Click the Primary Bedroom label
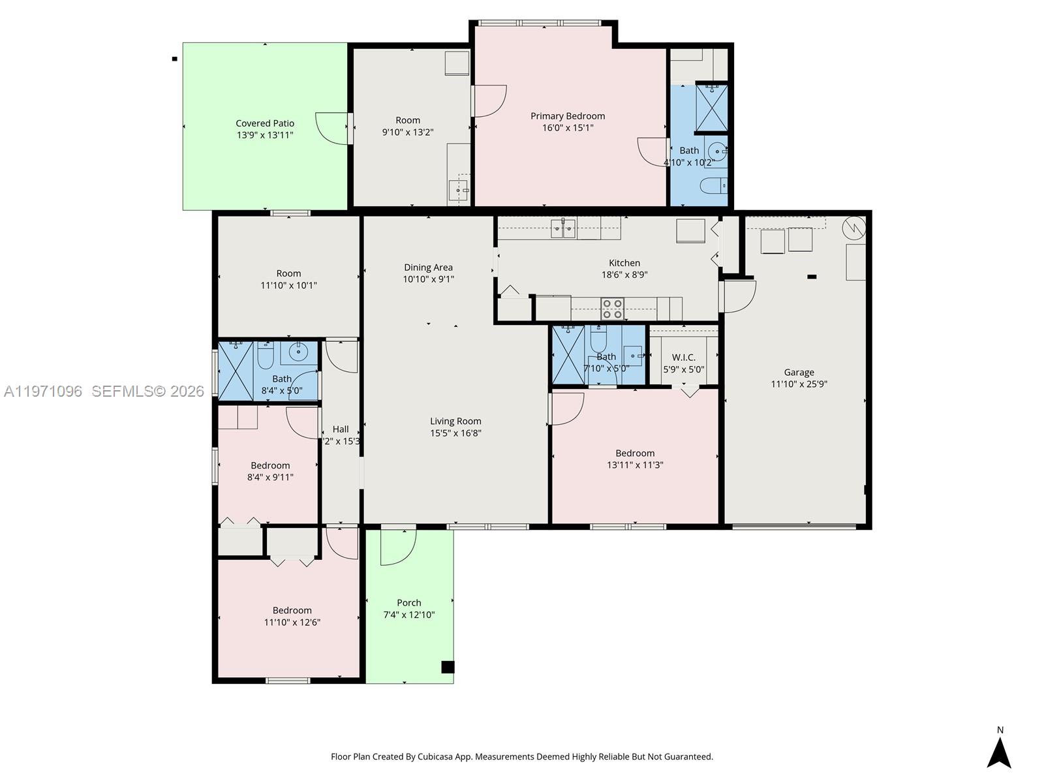567,116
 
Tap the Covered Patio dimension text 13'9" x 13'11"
265,135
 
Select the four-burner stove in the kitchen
612,309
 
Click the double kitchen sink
562,228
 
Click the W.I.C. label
683,357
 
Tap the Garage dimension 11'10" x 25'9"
799,384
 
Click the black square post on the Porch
448,667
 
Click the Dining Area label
428,267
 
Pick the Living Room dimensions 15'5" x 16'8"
455,433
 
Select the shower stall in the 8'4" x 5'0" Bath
235,370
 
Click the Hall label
341,429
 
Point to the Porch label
409,602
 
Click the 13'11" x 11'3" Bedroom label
635,453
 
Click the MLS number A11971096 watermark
43,391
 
